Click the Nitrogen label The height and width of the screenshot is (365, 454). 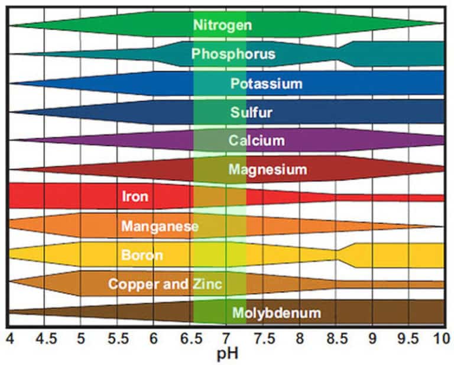[x=222, y=25]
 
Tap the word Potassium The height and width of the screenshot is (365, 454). [x=266, y=83]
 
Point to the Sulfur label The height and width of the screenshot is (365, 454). [x=251, y=112]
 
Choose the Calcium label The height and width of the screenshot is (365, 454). [x=257, y=141]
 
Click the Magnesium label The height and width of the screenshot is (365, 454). [x=268, y=170]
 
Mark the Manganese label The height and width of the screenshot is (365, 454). [x=160, y=226]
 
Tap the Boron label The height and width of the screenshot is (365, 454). [x=141, y=256]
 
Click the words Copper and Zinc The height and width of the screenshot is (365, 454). [x=165, y=284]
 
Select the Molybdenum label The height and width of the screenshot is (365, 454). [x=277, y=313]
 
